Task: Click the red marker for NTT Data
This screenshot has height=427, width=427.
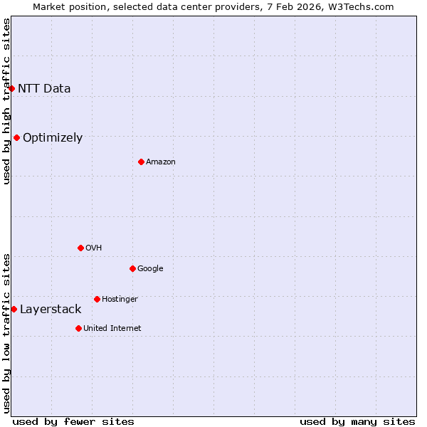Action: point(12,88)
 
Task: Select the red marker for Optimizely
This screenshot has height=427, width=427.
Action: point(16,137)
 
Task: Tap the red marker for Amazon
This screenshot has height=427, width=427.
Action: point(141,162)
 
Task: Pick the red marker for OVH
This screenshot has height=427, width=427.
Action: point(80,248)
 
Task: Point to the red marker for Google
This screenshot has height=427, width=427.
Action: point(132,268)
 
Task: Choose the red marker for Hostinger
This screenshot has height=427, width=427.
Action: point(97,299)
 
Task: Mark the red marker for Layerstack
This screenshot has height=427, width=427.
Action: point(14,309)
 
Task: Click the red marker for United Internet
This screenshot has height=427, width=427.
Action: point(78,328)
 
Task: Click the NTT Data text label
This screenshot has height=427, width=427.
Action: point(44,89)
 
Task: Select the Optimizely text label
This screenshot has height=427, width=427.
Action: point(53,138)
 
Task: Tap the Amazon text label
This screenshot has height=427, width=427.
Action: point(161,162)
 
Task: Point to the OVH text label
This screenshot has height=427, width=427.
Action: point(93,248)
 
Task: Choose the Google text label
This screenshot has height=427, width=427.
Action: point(150,269)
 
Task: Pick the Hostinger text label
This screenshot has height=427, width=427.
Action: point(120,300)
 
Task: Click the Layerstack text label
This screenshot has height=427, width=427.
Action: point(51,310)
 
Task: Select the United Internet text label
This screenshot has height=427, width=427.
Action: point(112,329)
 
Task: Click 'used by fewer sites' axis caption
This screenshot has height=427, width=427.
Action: point(73,421)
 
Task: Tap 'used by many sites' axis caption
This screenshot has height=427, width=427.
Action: point(357,421)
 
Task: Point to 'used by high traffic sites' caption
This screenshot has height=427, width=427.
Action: point(6,101)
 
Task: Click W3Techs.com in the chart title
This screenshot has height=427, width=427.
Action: point(364,7)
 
